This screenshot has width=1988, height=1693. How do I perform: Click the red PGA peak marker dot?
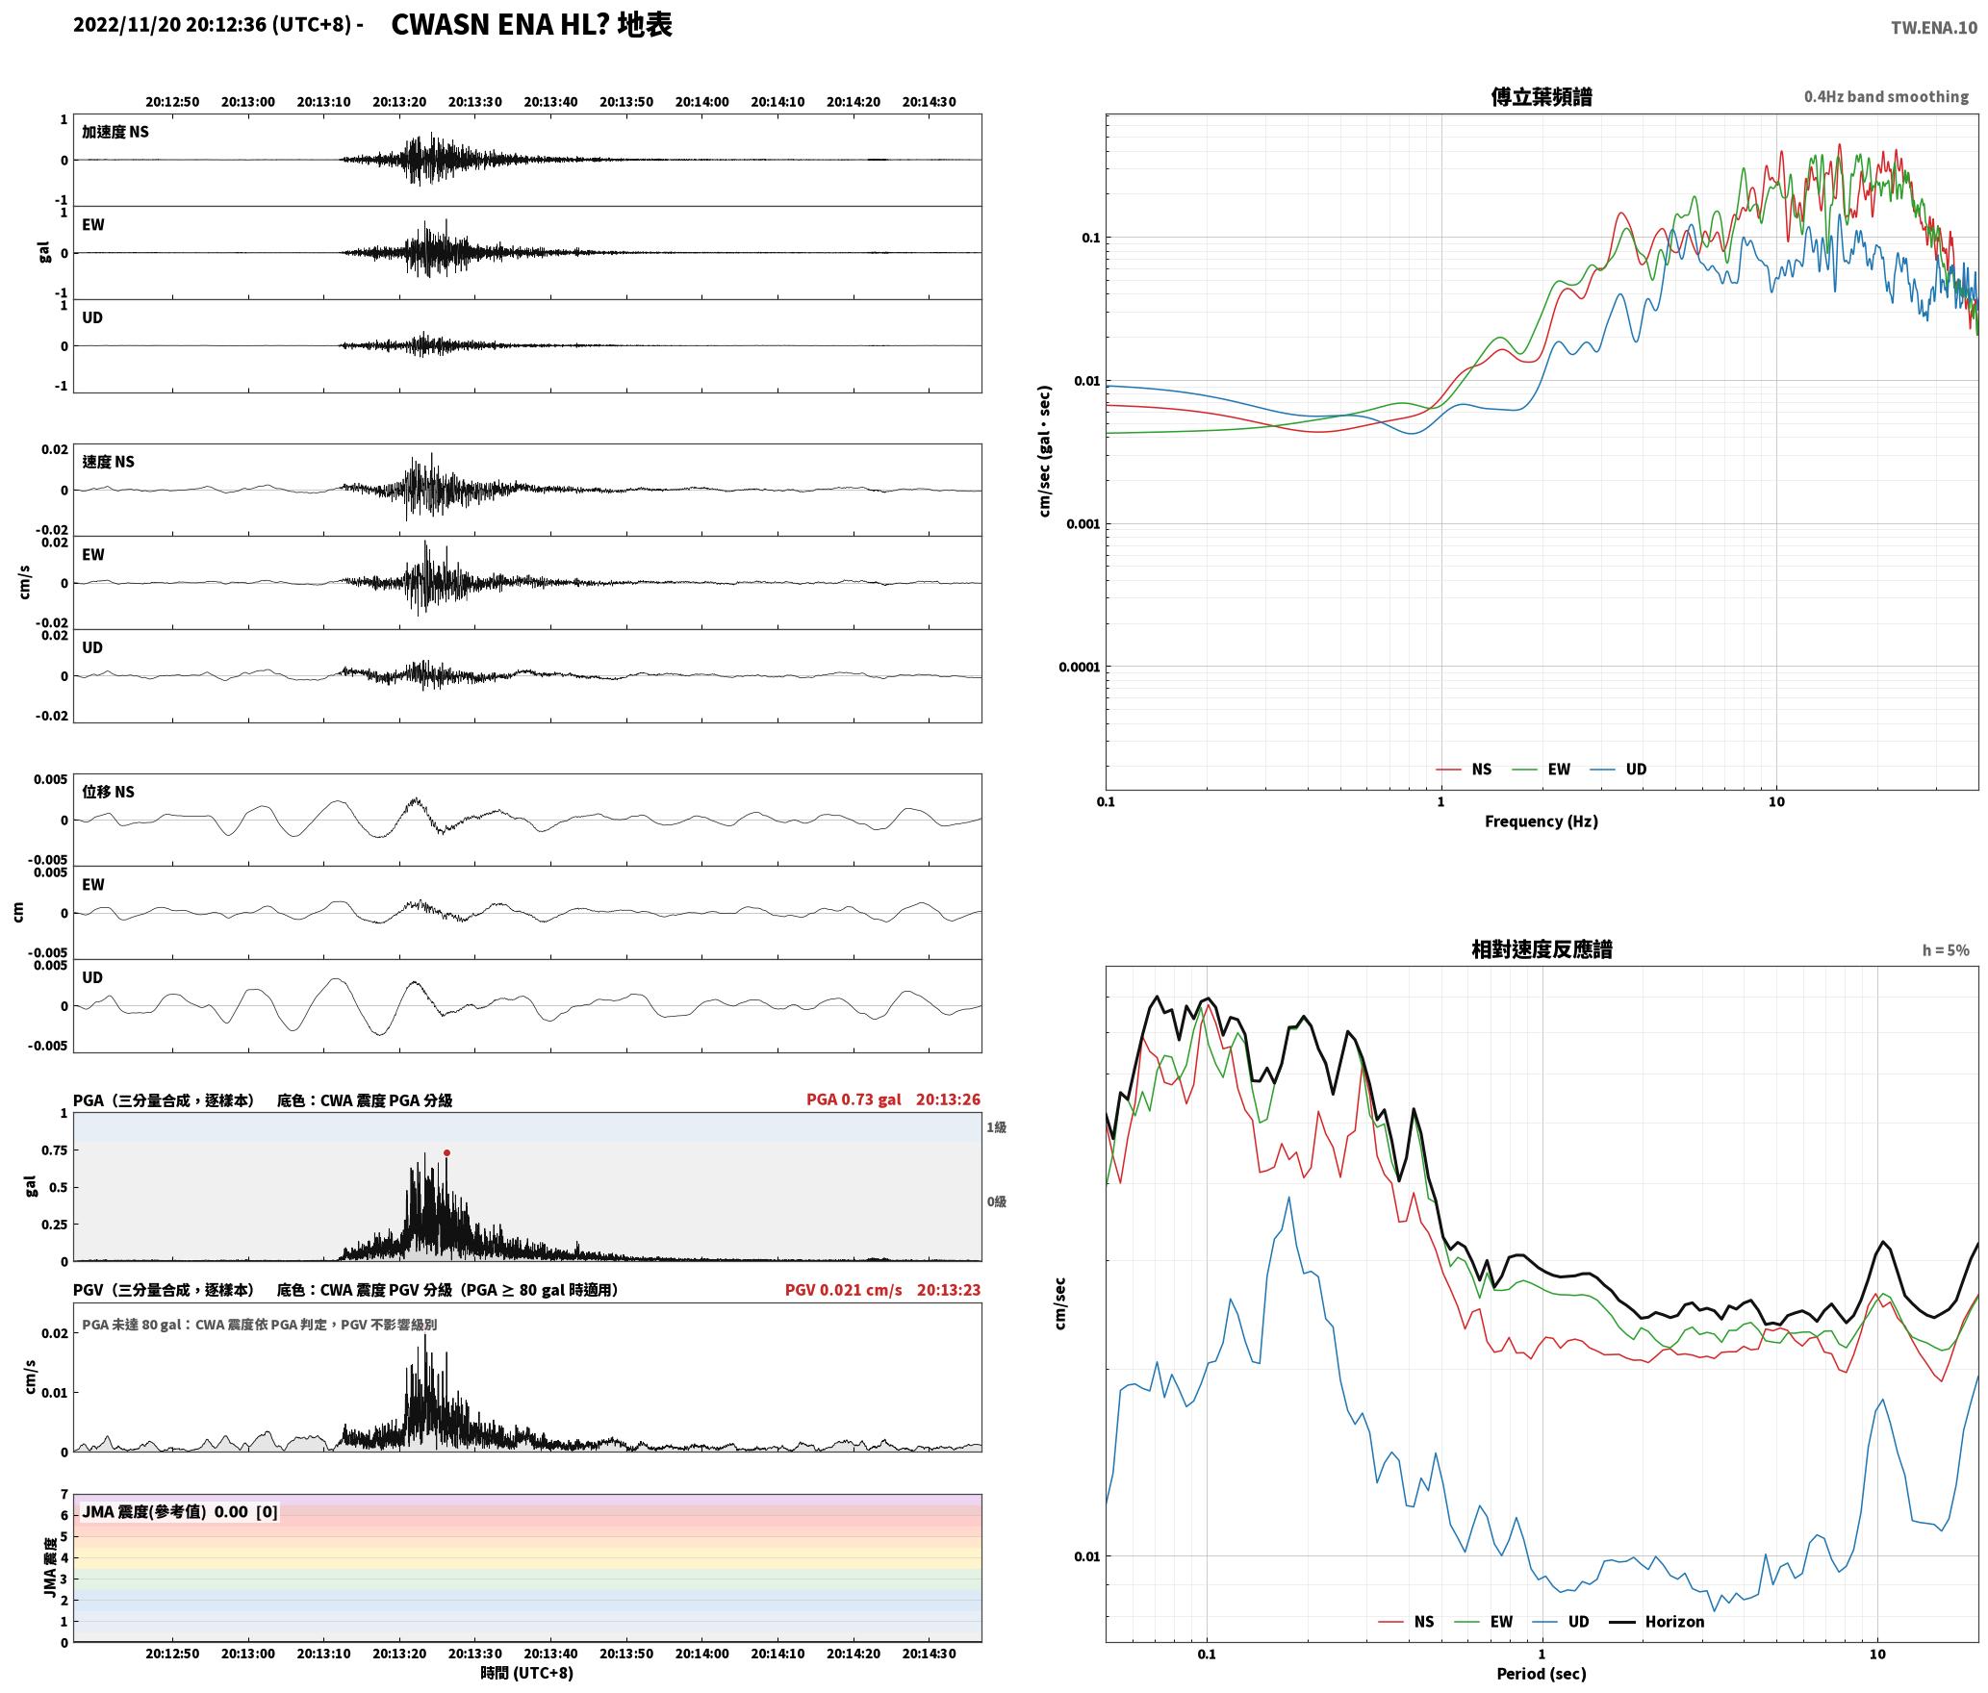click(x=446, y=1152)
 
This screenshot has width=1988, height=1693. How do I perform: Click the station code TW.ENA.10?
click(x=1934, y=28)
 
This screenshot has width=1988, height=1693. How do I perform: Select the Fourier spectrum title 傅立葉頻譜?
click(x=1542, y=97)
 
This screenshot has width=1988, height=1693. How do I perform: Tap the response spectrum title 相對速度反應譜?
click(x=1542, y=949)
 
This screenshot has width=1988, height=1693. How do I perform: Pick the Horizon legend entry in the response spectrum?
click(x=1658, y=1621)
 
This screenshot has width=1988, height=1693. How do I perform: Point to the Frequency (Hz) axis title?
click(x=1542, y=821)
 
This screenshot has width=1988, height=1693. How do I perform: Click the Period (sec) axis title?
click(x=1542, y=1673)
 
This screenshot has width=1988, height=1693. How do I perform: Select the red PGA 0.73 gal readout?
click(x=854, y=1099)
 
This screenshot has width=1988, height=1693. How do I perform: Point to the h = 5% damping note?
click(x=1946, y=950)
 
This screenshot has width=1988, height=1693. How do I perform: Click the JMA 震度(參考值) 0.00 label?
click(x=165, y=1511)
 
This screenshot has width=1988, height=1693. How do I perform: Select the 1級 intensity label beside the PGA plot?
click(x=996, y=1126)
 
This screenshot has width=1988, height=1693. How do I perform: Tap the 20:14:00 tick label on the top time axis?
click(x=701, y=102)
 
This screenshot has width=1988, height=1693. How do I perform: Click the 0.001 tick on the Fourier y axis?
click(x=1083, y=524)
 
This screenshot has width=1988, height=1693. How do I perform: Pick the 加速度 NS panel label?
click(x=115, y=132)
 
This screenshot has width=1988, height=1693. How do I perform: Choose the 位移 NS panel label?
click(x=109, y=792)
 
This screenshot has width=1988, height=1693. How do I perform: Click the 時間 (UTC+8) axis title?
click(x=526, y=1672)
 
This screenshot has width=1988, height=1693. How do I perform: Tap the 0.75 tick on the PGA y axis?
click(x=55, y=1150)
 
